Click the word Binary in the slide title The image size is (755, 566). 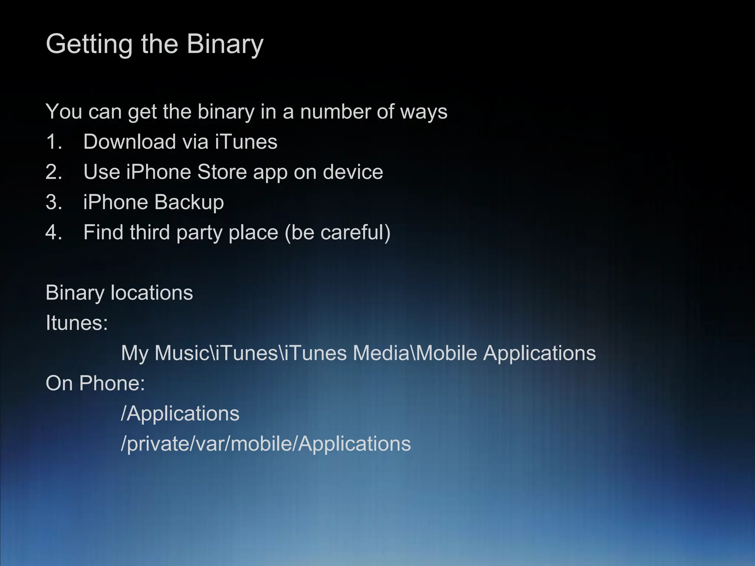coord(225,44)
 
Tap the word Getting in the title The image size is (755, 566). coord(89,44)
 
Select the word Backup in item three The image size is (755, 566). coord(189,202)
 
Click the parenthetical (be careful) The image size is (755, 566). coord(337,233)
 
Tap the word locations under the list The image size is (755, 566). coord(152,293)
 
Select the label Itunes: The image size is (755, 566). coord(77,323)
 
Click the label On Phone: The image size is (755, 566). coord(95,383)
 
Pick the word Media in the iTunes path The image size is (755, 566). coord(381,353)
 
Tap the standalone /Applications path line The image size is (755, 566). coord(180,413)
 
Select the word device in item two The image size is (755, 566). coord(353,172)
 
